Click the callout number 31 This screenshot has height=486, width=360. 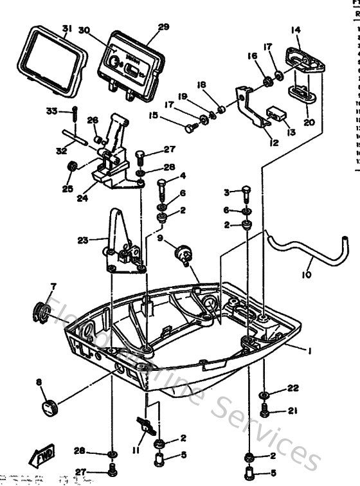pos(67,28)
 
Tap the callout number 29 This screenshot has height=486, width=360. pos(163,26)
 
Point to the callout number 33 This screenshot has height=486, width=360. pos(52,111)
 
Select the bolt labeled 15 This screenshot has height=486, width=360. pos(190,127)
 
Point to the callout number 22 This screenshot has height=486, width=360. pos(294,388)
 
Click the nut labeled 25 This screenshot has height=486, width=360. pos(73,167)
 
